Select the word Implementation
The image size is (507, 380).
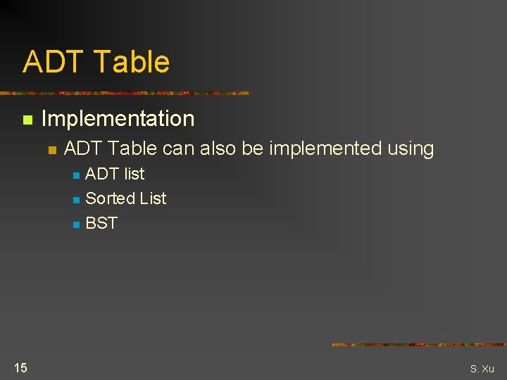pos(118,118)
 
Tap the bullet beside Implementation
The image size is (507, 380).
pos(27,120)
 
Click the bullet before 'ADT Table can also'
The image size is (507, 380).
pos(51,150)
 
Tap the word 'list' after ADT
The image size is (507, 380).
pos(134,174)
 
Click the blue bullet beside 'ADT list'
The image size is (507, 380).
pos(76,175)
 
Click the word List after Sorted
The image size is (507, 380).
pos(152,198)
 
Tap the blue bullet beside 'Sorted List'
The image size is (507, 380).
pos(76,200)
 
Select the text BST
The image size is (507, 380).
pos(101,223)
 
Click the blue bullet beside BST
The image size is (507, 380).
pos(76,225)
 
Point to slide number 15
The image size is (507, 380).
pos(20,367)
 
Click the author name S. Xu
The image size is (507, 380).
pos(482,369)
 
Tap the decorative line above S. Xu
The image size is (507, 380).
pos(418,345)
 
